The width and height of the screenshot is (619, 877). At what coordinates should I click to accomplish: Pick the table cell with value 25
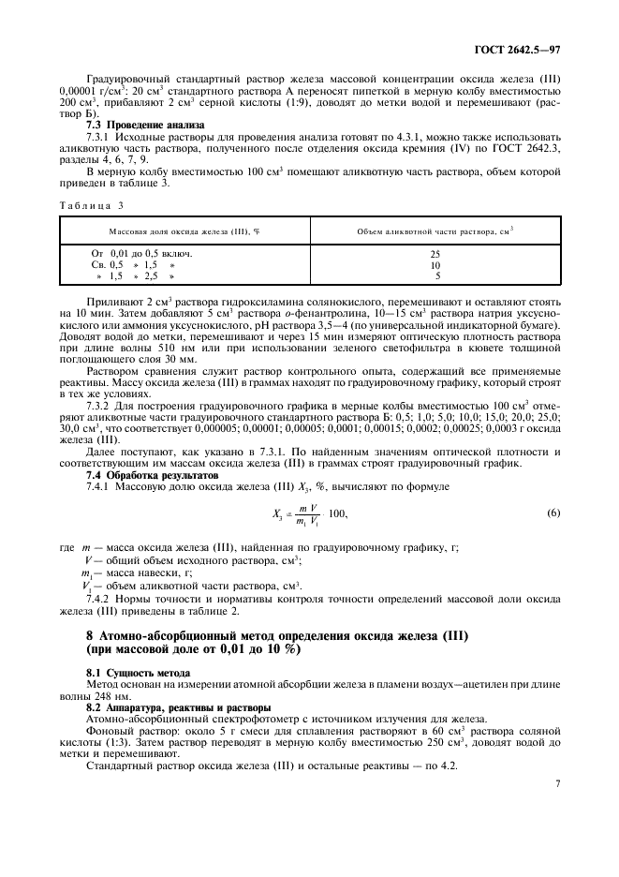[435, 254]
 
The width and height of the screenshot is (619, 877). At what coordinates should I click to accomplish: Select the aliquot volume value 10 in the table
[435, 265]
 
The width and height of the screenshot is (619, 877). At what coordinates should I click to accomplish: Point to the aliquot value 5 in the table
[437, 276]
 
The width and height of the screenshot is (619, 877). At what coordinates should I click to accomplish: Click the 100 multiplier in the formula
[338, 513]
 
